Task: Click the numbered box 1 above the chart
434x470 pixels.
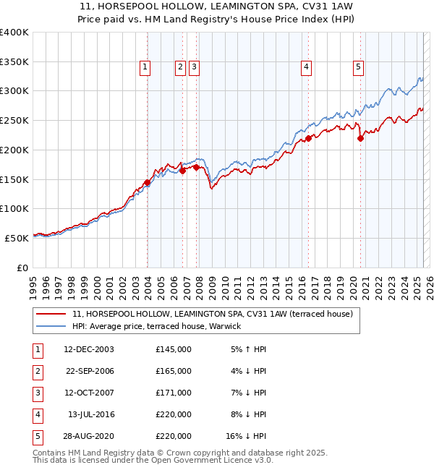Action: (x=145, y=67)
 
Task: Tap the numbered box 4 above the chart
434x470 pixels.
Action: (x=307, y=67)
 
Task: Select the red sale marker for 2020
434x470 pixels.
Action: (x=360, y=139)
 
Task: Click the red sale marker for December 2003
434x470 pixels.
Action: (x=147, y=182)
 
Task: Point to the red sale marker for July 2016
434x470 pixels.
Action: (x=307, y=138)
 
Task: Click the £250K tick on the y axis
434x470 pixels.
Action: (x=14, y=120)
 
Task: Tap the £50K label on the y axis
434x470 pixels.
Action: (x=17, y=237)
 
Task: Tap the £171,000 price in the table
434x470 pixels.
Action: (x=174, y=393)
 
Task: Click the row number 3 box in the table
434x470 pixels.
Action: (x=36, y=393)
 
